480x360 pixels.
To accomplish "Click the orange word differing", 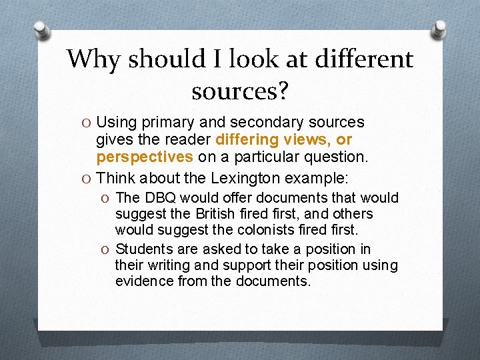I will [248, 140].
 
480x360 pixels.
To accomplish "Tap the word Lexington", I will [247, 178].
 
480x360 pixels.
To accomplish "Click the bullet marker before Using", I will [87, 123].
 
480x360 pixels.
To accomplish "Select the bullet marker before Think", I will [87, 179].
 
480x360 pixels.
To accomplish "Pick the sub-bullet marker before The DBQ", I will [106, 198].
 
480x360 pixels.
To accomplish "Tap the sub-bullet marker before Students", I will [106, 249].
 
